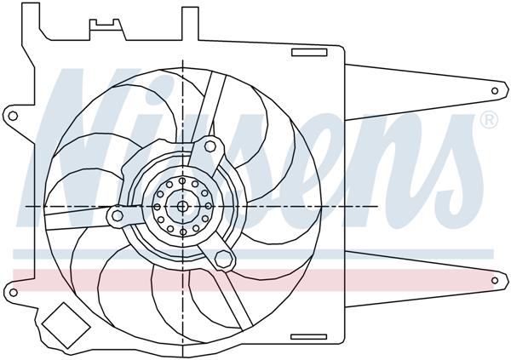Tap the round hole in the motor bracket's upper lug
[208, 147]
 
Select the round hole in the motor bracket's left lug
[116, 216]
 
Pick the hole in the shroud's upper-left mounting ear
[11, 113]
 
